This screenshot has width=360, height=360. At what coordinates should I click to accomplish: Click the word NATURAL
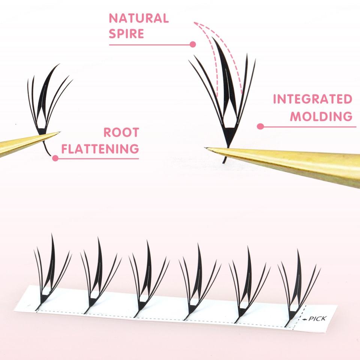139,18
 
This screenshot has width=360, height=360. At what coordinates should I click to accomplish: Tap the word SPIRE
126,34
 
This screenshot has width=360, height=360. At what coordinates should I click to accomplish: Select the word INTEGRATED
312,99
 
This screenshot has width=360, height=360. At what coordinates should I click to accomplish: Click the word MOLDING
321,116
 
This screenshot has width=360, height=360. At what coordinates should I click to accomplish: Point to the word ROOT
121,132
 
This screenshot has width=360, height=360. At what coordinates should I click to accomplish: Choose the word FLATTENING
100,149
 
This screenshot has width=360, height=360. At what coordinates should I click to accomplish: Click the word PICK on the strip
318,319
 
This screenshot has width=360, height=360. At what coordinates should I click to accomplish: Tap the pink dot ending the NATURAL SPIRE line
193,44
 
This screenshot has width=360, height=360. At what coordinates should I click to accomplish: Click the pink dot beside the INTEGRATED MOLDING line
259,126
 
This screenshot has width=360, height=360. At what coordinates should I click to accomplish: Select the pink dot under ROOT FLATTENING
55,158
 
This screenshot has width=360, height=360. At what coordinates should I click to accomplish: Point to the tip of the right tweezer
206,148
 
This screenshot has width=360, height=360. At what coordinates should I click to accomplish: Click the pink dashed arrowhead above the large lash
195,23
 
